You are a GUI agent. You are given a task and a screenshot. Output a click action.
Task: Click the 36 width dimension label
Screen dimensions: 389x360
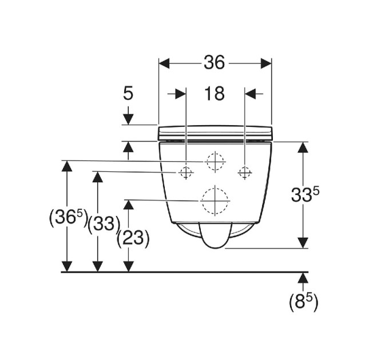pos(215,62)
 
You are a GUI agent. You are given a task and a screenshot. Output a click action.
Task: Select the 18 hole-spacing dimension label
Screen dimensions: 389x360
pos(215,94)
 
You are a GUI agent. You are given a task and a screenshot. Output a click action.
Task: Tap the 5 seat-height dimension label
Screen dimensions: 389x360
pos(128,93)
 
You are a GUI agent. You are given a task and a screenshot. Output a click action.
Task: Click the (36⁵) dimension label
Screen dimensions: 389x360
pos(68,218)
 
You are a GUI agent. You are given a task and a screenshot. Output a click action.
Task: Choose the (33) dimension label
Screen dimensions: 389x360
pos(104,225)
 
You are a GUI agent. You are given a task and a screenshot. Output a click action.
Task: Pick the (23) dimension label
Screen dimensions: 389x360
pos(133,238)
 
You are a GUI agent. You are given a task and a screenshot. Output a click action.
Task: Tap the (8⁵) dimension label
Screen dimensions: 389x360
pos(303,302)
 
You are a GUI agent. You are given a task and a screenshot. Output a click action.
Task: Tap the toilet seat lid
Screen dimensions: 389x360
pos(215,133)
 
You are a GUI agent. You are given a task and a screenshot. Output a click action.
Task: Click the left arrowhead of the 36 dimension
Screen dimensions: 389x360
pos(164,63)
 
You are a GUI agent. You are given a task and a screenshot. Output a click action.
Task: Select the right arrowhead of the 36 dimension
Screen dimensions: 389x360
pos(266,63)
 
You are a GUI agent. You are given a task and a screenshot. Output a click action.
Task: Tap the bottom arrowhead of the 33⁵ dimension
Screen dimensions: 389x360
pos(303,242)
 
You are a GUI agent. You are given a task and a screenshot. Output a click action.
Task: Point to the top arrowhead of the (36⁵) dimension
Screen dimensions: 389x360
pos(67,166)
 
